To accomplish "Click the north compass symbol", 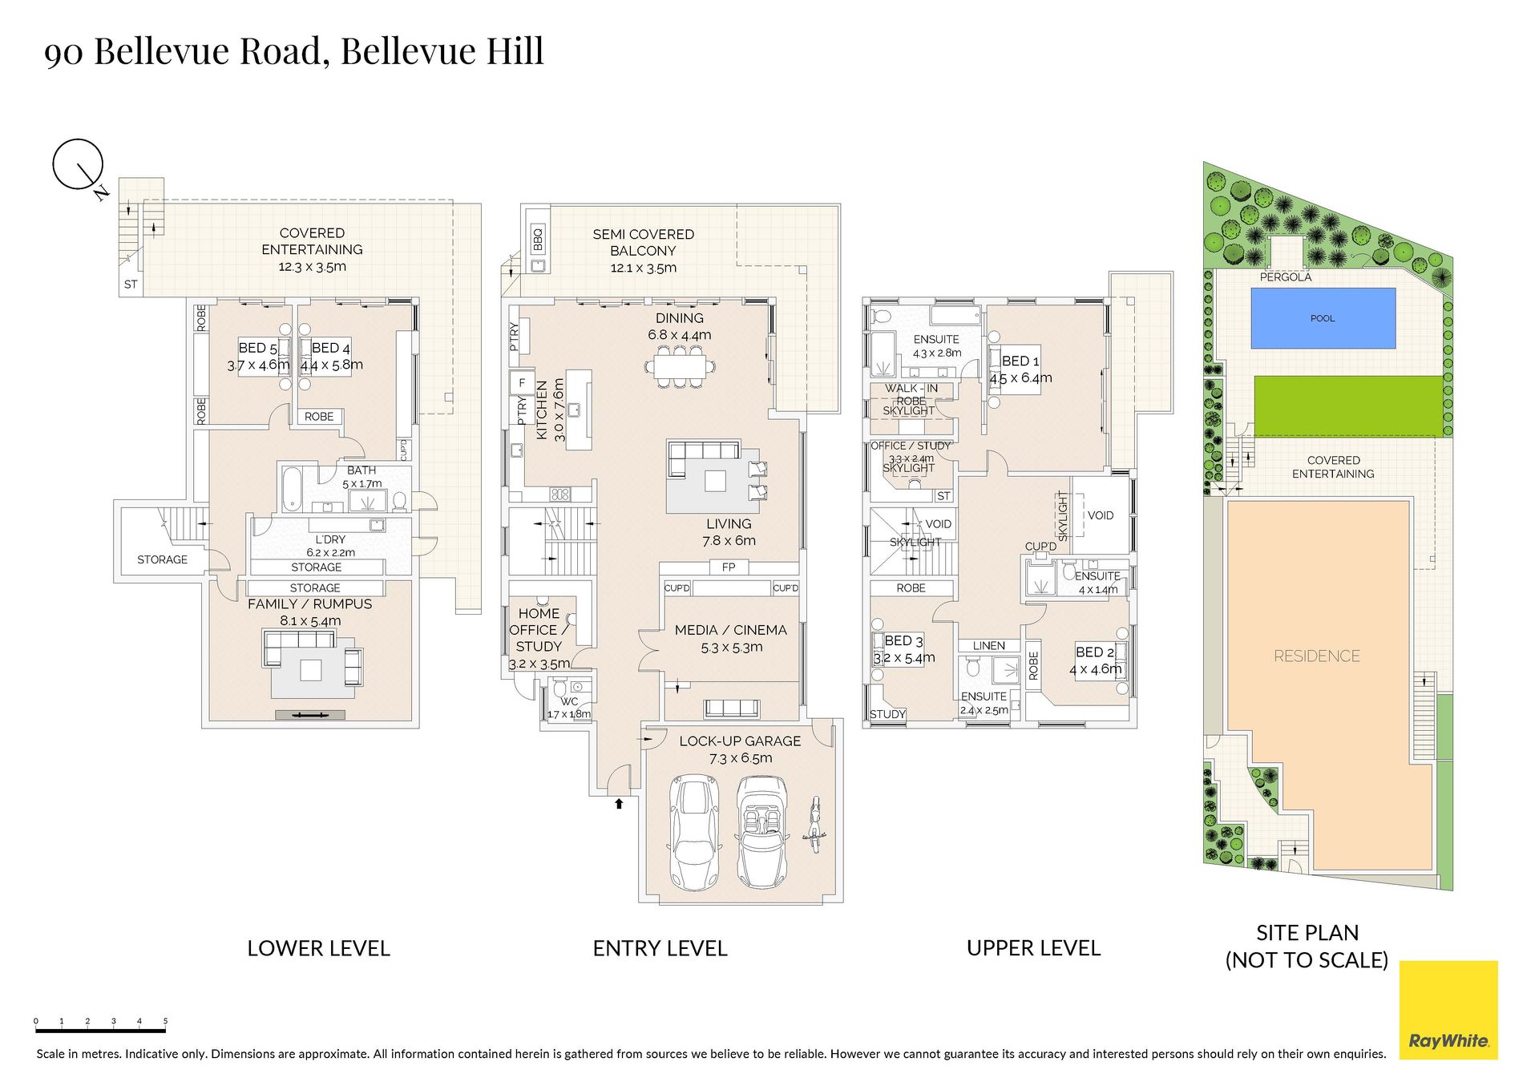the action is (x=79, y=166).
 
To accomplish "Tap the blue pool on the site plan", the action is (x=1323, y=318).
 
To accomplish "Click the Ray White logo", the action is (x=1448, y=1010).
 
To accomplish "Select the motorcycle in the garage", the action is (x=814, y=824).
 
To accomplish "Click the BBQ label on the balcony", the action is (x=538, y=238).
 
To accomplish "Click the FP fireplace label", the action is (x=729, y=567).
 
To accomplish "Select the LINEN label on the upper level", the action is (x=988, y=645).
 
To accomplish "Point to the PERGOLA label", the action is (x=1286, y=277).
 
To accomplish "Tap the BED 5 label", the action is (x=257, y=348).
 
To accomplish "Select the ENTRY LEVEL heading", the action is (x=660, y=948).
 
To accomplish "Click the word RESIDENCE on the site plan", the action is (x=1317, y=656).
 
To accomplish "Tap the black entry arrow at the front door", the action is (x=619, y=803).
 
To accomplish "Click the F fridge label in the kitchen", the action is (x=522, y=382).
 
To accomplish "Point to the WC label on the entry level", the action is (x=569, y=701).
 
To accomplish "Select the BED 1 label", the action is (x=1020, y=361).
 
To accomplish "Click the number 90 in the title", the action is (x=62, y=53).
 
